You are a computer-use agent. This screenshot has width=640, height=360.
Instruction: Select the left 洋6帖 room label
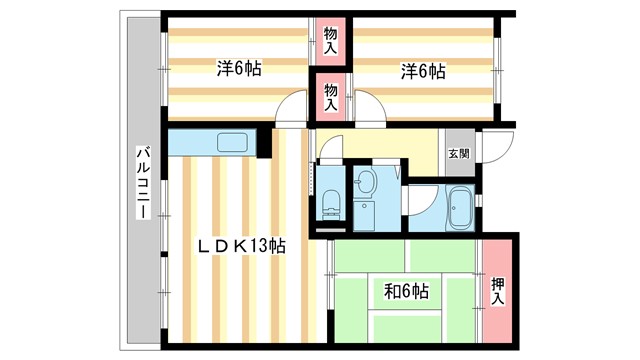[240, 70]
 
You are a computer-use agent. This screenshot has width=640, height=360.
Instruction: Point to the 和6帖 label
[407, 292]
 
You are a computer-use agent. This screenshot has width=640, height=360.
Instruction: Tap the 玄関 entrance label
[458, 153]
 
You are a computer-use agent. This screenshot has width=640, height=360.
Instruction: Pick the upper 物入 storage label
[331, 40]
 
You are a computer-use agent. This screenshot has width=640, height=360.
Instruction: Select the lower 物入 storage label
[331, 96]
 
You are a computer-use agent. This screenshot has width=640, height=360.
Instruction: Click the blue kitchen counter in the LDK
[210, 143]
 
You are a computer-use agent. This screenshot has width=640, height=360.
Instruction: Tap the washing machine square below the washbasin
[364, 214]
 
